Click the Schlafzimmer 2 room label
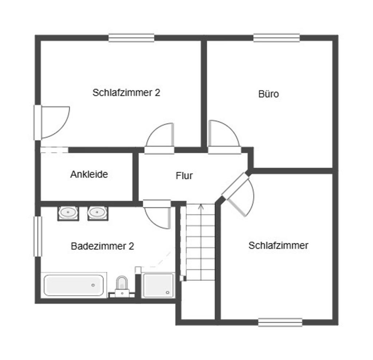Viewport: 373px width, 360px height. [x=126, y=92]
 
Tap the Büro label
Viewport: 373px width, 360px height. [x=268, y=94]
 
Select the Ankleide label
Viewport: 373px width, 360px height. [x=89, y=174]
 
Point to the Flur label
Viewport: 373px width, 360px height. [x=184, y=175]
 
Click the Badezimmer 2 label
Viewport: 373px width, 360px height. [x=102, y=246]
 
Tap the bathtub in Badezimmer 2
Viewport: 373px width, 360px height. [x=74, y=285]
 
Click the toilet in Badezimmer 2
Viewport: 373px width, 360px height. [x=122, y=286]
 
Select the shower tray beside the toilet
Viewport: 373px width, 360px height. [x=158, y=285]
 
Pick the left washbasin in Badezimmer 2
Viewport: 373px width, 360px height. [x=68, y=213]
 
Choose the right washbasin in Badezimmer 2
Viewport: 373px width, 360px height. [x=98, y=213]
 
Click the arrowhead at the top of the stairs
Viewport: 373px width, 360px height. [x=201, y=206]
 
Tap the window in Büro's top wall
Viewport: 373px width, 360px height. [x=276, y=38]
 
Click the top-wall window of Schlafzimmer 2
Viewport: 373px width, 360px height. [x=131, y=38]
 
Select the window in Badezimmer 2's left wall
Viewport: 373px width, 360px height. [x=38, y=236]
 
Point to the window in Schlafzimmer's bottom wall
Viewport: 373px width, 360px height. [x=280, y=322]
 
